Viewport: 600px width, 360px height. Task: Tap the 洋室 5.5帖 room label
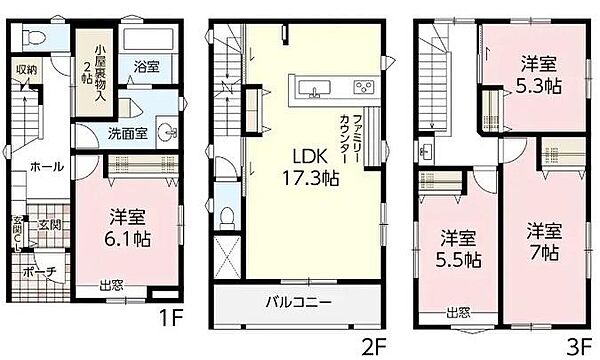456,248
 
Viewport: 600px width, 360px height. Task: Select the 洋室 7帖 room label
545,238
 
